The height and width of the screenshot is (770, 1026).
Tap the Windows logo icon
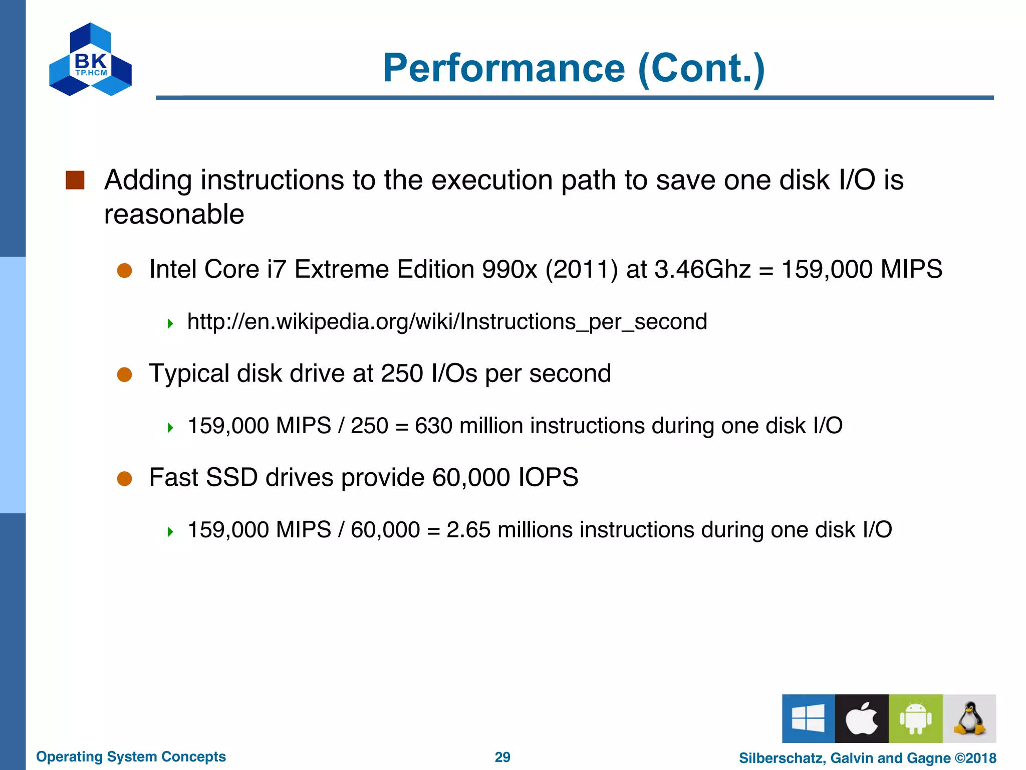click(808, 718)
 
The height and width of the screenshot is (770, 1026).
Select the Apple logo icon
click(862, 718)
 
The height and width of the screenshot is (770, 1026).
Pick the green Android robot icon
click(915, 718)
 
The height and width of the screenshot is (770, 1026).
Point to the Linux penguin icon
click(969, 718)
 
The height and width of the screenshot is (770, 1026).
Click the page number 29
click(502, 757)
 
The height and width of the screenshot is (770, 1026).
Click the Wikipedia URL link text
click(447, 322)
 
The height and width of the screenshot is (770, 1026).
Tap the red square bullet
click(75, 180)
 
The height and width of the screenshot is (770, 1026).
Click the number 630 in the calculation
click(433, 426)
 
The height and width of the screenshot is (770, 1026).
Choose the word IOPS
click(548, 477)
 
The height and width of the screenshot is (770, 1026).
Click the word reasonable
click(174, 215)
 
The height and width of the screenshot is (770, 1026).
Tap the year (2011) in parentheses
click(581, 269)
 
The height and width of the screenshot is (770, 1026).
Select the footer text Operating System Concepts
click(131, 756)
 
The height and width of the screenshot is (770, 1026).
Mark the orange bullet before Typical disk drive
click(124, 374)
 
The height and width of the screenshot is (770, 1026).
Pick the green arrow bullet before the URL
click(170, 323)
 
